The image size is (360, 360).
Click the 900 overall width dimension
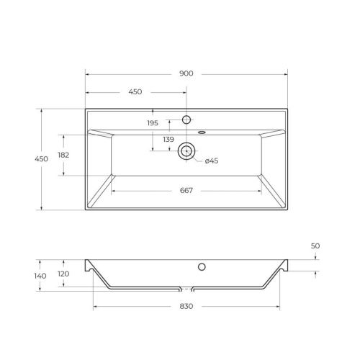click(186, 74)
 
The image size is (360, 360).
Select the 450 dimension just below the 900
click(135, 92)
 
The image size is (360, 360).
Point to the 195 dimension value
click(152, 123)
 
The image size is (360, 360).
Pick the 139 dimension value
click(168, 139)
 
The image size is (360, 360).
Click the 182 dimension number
click(63, 155)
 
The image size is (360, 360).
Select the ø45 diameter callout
click(212, 161)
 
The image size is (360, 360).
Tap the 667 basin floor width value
click(186, 190)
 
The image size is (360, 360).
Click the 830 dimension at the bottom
click(186, 307)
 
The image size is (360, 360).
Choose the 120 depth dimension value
click(63, 274)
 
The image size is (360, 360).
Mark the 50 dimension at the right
click(315, 246)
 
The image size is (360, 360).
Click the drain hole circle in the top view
click(186, 150)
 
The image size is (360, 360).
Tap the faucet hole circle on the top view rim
click(186, 119)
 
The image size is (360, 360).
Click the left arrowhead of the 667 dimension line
click(113, 190)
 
